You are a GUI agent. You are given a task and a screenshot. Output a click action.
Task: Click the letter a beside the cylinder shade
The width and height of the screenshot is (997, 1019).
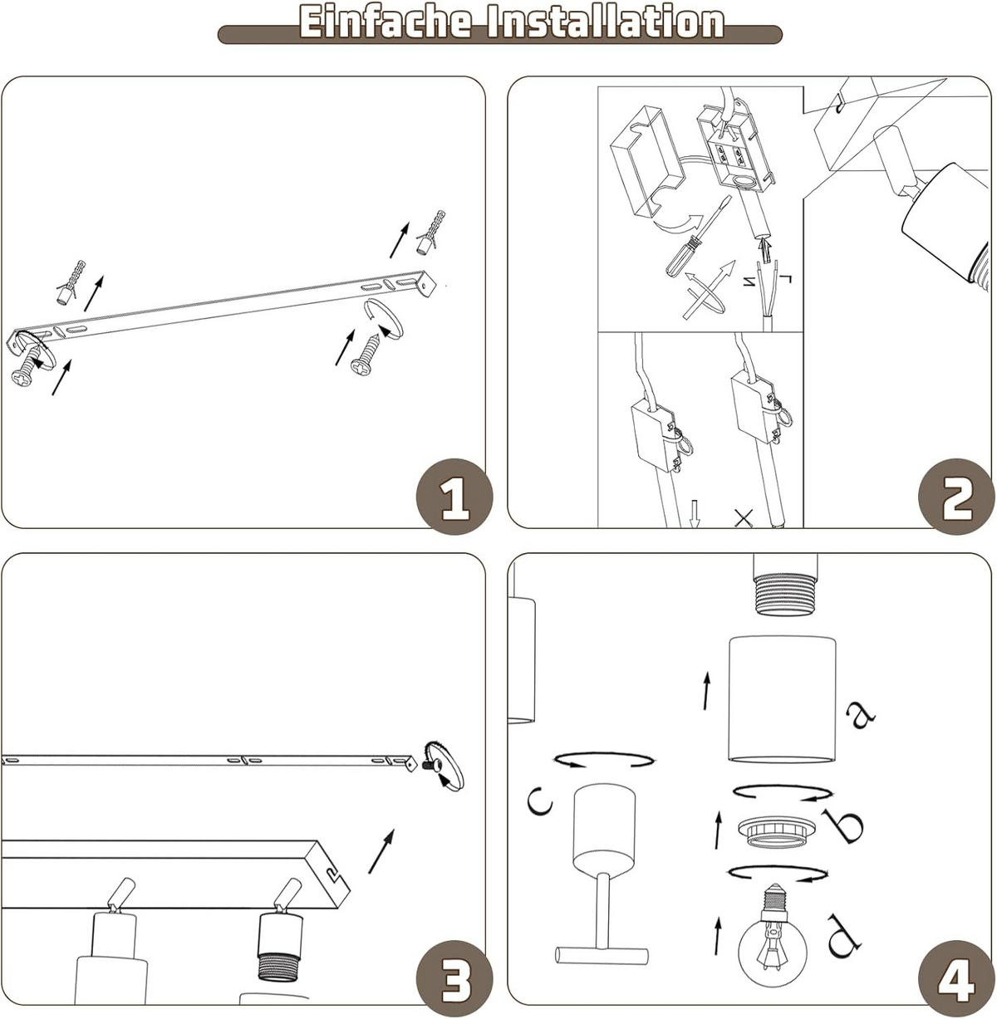pos(859,713)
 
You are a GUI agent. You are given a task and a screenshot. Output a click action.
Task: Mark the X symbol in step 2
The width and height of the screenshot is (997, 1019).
pos(744,519)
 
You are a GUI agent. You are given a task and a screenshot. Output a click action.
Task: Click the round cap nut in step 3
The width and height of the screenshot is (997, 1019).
pos(444,764)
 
